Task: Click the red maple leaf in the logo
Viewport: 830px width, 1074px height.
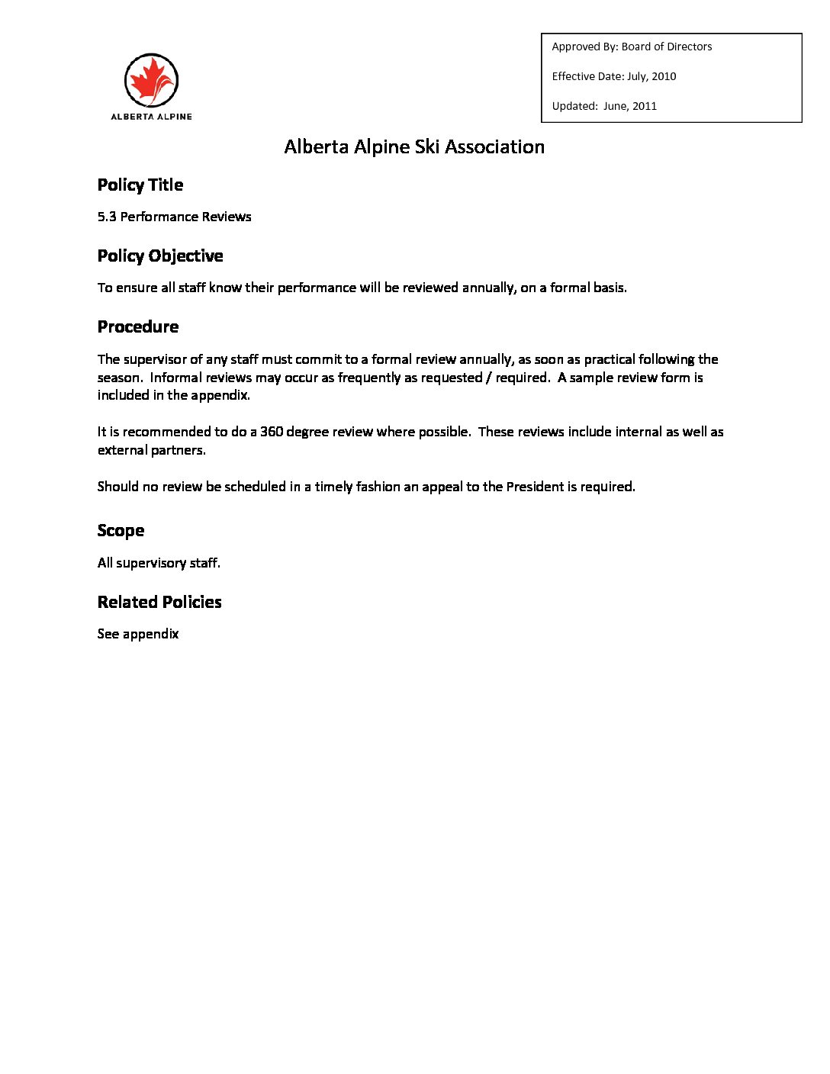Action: tap(150, 79)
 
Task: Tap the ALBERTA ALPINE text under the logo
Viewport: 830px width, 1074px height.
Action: tap(151, 117)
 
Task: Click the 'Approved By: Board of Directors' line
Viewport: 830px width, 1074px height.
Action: tap(632, 47)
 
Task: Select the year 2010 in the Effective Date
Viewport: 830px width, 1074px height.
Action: tap(664, 76)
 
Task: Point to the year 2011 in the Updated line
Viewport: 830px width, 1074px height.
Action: tap(644, 106)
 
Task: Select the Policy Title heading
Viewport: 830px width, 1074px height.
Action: tap(140, 185)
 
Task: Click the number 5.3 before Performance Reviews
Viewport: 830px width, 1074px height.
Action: tap(107, 217)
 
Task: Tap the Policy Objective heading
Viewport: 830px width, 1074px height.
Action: tap(160, 256)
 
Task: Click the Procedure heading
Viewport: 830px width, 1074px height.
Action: tap(138, 326)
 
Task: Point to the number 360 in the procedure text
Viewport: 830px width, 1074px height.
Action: tap(272, 432)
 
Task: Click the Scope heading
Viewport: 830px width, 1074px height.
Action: tap(121, 530)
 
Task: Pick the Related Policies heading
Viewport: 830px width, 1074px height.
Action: tap(159, 602)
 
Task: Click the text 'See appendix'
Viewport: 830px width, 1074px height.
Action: tap(138, 634)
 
